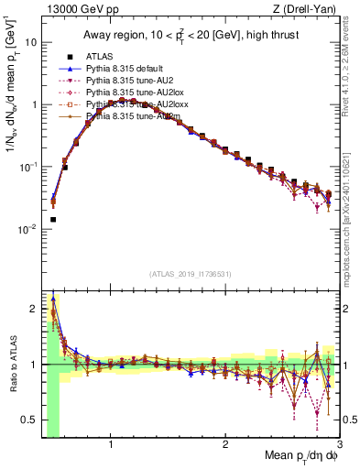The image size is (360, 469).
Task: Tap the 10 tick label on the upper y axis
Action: [x=30, y=43]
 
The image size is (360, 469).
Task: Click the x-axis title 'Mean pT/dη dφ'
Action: [x=301, y=456]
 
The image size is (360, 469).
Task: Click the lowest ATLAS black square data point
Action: [x=53, y=220]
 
